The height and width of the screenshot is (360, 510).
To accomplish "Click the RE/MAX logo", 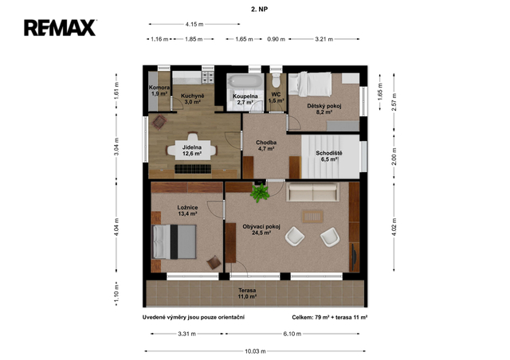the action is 60,28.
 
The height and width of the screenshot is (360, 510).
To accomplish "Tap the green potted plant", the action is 260,193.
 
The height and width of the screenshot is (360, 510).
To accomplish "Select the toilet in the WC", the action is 277,80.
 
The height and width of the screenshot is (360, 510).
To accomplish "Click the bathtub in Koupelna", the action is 245,80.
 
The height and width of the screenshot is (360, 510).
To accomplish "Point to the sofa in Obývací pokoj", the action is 312,191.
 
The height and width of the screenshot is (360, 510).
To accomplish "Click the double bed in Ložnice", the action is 175,241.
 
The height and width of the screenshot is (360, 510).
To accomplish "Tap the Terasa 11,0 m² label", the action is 247,293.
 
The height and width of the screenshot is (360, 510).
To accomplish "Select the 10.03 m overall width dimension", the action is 255,351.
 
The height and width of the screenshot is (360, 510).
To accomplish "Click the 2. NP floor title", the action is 259,10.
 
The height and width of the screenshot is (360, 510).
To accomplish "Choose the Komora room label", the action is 159,88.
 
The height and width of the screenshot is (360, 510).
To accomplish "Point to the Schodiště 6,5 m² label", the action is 329,156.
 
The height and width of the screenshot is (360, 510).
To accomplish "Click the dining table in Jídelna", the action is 193,150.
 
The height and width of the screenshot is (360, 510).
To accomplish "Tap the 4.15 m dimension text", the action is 194,24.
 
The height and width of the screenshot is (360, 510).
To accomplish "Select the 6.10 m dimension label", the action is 292,334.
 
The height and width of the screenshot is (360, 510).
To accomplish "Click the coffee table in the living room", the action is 312,217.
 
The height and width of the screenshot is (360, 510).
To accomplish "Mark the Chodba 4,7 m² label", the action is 266,146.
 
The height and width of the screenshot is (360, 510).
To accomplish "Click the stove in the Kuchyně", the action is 208,77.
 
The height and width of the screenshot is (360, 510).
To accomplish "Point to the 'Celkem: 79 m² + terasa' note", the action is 329,318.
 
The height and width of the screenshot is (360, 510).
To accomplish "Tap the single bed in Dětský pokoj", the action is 310,84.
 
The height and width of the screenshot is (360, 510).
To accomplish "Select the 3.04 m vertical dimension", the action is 116,146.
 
